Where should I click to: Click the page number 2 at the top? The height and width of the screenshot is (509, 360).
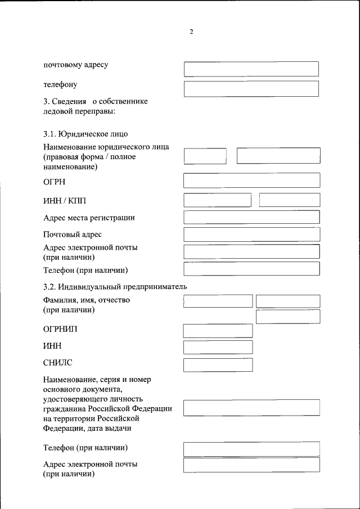point(191,32)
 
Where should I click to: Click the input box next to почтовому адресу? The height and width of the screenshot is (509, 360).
point(251,69)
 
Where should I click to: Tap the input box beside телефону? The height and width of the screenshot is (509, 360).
point(251,89)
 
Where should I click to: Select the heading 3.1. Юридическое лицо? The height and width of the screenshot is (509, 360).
point(85,134)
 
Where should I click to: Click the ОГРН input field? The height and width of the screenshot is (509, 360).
point(251,180)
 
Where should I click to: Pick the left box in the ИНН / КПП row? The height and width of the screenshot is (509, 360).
point(217,200)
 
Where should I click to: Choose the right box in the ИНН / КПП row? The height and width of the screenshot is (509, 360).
point(289,200)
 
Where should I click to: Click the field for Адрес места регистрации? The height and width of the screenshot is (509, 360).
point(251,217)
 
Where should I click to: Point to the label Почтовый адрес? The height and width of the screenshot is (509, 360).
point(73,234)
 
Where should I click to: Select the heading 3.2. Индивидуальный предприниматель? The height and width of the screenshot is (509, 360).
point(115,286)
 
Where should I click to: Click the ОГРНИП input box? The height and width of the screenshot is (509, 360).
point(218,330)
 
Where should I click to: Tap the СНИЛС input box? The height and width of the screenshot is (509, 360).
point(218,364)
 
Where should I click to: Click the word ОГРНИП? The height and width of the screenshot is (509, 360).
point(60,329)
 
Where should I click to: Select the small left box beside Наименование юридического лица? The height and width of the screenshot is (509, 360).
point(205,156)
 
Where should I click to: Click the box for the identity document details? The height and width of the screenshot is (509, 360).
point(251,407)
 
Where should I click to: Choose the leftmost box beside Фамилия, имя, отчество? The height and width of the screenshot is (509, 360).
point(217,301)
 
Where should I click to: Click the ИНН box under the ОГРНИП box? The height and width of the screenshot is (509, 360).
point(218,347)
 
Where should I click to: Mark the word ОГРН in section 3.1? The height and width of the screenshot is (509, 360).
point(55,182)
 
